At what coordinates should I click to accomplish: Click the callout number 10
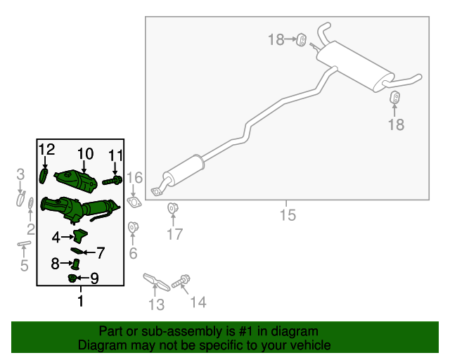[85, 153]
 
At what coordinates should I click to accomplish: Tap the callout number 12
[46, 149]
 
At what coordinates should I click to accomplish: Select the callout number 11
[115, 155]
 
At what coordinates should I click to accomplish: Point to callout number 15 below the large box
[287, 214]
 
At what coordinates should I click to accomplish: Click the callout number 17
[174, 234]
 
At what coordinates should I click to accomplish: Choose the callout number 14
[198, 302]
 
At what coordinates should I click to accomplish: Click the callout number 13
[155, 304]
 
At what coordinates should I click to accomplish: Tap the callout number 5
[24, 265]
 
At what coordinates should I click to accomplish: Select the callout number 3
[20, 174]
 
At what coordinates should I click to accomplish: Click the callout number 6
[133, 253]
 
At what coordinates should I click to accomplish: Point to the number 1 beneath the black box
[80, 301]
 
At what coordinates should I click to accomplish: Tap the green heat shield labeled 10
[79, 180]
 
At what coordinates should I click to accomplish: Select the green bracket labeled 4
[80, 236]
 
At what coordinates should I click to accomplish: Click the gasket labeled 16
[134, 204]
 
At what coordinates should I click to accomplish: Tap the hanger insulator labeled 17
[172, 209]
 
